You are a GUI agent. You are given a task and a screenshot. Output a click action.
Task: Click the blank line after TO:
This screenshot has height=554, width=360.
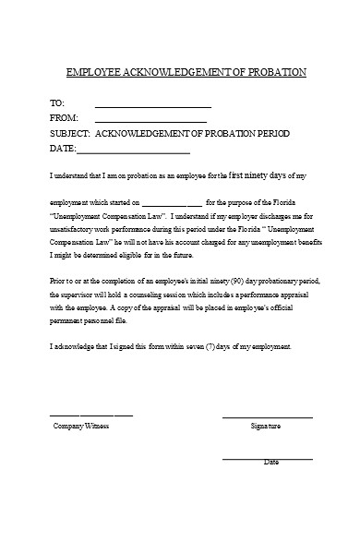click(x=153, y=106)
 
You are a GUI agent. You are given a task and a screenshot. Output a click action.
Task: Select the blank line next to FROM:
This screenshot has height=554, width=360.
click(x=150, y=121)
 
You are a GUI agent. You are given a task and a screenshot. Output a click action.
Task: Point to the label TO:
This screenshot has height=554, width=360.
click(x=57, y=103)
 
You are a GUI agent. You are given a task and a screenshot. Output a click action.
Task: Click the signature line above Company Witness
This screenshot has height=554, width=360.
click(x=90, y=415)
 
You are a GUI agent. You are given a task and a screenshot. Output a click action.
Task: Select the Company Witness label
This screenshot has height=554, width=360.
click(x=81, y=427)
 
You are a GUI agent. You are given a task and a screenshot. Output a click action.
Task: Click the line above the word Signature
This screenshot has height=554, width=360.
click(x=267, y=417)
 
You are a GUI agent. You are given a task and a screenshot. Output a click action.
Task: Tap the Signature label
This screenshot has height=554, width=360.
click(x=266, y=427)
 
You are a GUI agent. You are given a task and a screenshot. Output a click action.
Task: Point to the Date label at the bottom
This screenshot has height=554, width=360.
click(x=271, y=462)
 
